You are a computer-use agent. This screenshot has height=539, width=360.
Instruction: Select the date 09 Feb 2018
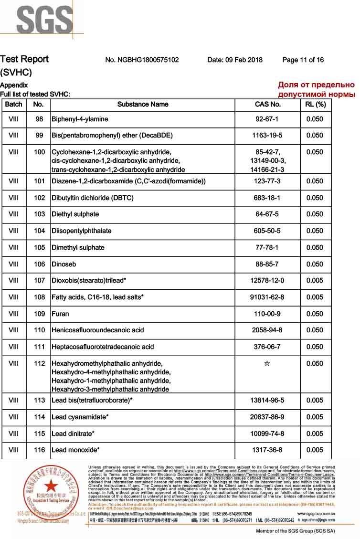(235, 60)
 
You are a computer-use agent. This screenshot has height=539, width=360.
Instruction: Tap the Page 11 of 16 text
(303, 60)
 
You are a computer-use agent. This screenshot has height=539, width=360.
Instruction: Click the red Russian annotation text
(317, 90)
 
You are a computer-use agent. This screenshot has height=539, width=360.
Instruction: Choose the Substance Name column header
(143, 104)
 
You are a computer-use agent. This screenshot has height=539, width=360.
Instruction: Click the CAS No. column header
(267, 104)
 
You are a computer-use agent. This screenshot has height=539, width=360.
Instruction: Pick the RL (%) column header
(315, 104)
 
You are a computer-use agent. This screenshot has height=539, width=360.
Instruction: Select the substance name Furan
(60, 314)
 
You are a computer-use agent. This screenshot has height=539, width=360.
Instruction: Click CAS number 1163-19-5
(267, 136)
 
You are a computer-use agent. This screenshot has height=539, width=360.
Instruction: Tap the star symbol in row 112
(267, 364)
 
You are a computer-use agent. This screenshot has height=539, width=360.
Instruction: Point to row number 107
(39, 281)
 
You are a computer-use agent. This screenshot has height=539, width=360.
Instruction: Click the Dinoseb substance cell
(64, 264)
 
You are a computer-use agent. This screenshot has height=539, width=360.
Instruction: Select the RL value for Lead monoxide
(315, 450)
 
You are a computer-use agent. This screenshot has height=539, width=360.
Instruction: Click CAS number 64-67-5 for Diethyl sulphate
(267, 214)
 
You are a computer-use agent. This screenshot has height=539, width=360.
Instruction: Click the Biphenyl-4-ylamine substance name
(80, 119)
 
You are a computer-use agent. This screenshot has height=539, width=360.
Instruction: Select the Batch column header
(14, 104)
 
